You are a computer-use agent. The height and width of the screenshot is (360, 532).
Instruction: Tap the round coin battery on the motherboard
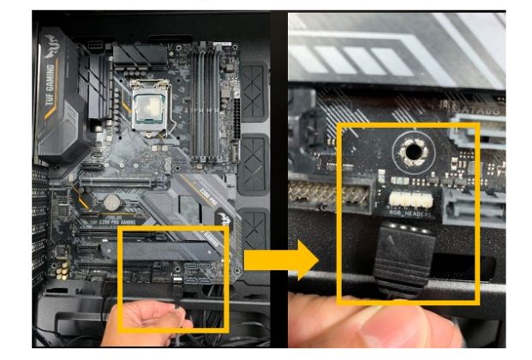111,201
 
